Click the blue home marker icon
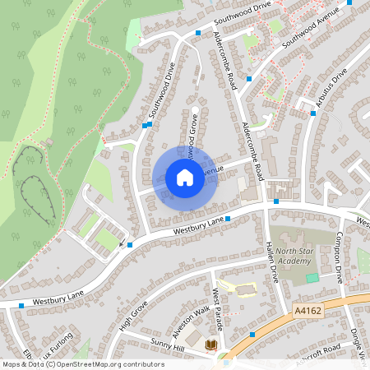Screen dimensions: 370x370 184,178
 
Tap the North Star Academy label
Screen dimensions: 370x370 294,256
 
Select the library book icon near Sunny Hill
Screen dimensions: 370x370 210,345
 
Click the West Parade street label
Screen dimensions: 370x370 219,305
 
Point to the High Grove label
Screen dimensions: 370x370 132,314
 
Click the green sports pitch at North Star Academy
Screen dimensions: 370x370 312,278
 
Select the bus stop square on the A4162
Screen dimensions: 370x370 252,335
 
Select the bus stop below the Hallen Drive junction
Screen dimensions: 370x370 276,201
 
